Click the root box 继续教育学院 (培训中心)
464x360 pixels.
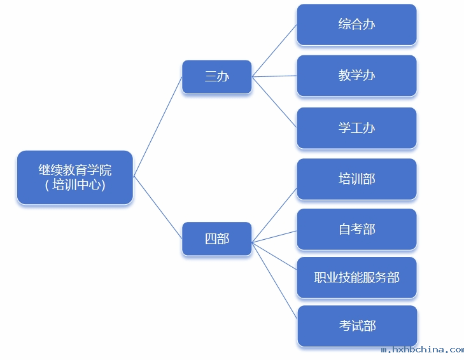74,177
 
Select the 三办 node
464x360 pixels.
216,77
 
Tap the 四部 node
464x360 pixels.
216,239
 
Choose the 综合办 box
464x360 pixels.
356,25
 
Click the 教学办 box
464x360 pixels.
356,76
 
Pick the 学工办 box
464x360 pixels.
356,128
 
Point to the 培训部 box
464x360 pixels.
356,179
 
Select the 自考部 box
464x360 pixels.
356,229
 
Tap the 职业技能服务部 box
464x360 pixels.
356,278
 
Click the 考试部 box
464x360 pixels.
356,326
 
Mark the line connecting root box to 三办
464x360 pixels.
158,127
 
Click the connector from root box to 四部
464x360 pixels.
158,207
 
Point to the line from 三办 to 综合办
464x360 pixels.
274,51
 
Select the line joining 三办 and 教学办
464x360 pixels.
274,76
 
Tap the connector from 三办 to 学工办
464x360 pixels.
274,102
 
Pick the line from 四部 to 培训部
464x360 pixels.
274,215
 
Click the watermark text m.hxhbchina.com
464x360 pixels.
422,350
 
